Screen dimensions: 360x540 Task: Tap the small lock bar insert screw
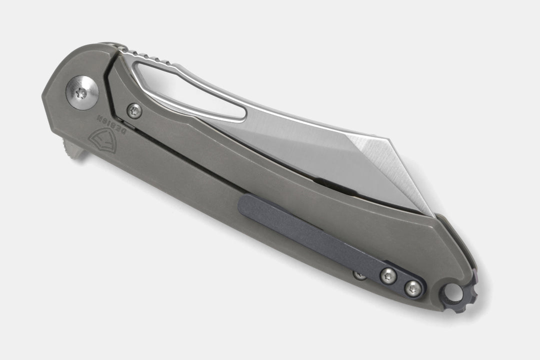[x=134, y=110]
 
